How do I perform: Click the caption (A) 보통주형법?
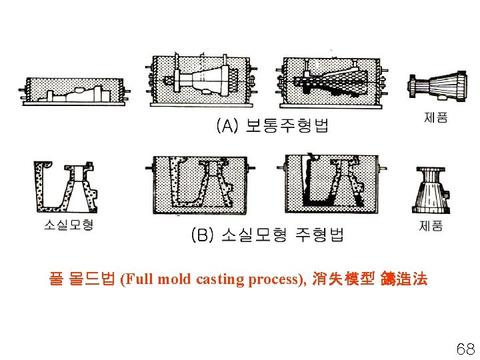271,125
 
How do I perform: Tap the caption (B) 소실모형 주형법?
267,234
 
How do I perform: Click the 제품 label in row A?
436,117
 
